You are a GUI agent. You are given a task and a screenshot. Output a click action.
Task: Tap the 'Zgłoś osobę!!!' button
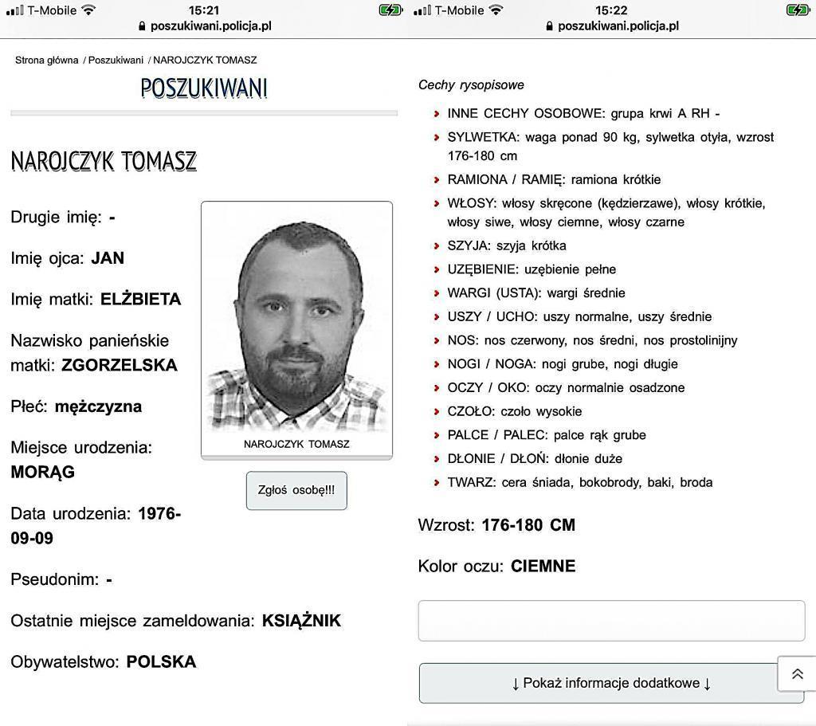(296, 490)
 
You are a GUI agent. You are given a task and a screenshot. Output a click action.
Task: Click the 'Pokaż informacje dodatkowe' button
(611, 683)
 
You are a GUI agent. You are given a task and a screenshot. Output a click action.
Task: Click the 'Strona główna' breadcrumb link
(47, 60)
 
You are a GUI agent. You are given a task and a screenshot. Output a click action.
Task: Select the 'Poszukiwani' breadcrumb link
(116, 60)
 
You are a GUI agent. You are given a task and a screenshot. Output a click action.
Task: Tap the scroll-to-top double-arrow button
(797, 674)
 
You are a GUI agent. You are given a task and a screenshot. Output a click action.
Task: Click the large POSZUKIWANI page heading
(204, 88)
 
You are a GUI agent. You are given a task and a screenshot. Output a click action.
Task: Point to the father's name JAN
(108, 258)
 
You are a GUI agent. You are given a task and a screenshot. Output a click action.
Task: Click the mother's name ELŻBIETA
(141, 300)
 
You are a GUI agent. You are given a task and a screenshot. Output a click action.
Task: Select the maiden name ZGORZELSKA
(120, 366)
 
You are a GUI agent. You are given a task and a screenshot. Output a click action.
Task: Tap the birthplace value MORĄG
(43, 472)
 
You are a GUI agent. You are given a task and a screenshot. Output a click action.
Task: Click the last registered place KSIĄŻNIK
(301, 621)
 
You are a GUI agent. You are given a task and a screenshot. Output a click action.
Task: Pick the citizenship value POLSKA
(161, 661)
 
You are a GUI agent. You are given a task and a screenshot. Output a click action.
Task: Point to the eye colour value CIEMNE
(543, 567)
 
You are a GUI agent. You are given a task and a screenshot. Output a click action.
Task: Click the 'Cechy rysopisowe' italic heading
(471, 85)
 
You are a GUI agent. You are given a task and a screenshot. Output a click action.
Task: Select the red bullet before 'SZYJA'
(437, 246)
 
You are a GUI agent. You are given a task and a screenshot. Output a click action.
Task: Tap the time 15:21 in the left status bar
(204, 10)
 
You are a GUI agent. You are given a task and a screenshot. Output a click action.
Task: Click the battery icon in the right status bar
(797, 10)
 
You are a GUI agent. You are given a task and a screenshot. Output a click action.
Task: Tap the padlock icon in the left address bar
(142, 26)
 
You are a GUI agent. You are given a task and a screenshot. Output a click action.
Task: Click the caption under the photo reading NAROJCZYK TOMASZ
(296, 444)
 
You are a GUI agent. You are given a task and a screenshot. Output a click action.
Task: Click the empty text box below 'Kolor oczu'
(611, 621)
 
